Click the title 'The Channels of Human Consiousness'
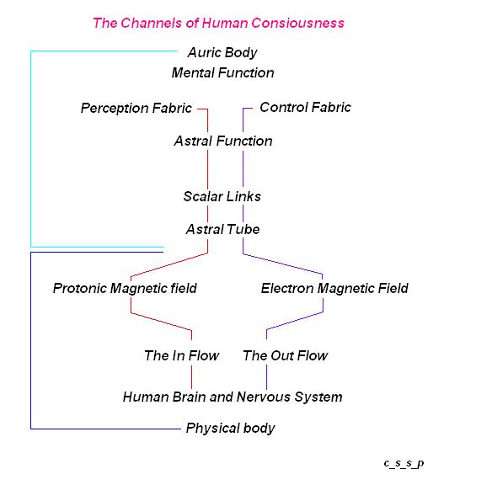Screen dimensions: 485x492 tap(218, 24)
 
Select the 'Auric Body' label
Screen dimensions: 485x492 tap(222, 53)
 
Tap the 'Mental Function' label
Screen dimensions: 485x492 tap(222, 73)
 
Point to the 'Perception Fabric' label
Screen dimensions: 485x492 tap(136, 109)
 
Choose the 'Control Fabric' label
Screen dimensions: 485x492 tap(305, 108)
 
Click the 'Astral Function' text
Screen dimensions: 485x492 tap(223, 141)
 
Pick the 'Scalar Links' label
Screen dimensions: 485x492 tap(222, 197)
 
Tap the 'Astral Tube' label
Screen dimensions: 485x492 tap(222, 230)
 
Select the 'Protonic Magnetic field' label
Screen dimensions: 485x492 tap(125, 289)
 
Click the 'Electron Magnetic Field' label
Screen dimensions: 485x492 tap(334, 289)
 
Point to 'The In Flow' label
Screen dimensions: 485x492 tap(181, 356)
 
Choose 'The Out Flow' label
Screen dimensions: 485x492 tap(286, 356)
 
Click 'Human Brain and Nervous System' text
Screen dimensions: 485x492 tap(233, 397)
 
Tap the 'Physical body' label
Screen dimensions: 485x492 tap(230, 429)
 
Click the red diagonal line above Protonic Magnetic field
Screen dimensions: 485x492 tap(169, 264)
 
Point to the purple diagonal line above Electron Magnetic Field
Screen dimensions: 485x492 tap(282, 264)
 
